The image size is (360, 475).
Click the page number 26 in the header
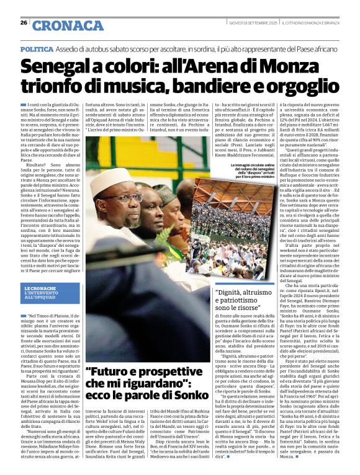(24, 23)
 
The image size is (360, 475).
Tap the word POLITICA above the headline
(37, 48)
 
